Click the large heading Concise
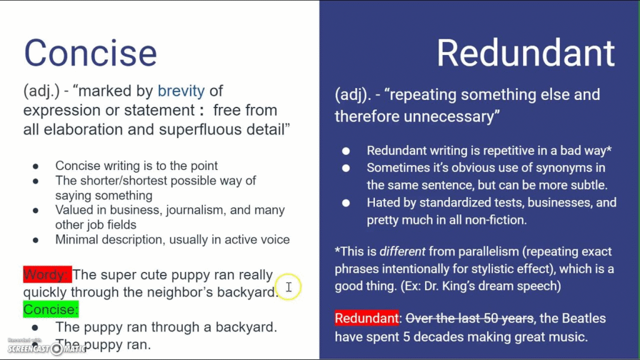point(90,53)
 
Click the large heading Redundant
point(526,53)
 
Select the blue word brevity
point(181,91)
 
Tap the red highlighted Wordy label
point(47,275)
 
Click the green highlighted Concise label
point(51,309)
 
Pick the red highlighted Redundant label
point(366,318)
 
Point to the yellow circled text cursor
point(289,287)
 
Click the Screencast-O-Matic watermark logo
point(46,347)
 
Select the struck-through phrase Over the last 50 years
point(469,318)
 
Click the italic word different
point(402,251)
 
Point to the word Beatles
point(584,318)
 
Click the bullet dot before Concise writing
point(36,166)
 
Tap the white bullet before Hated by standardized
point(346,203)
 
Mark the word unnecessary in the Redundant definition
point(449,117)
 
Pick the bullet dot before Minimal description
point(36,240)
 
